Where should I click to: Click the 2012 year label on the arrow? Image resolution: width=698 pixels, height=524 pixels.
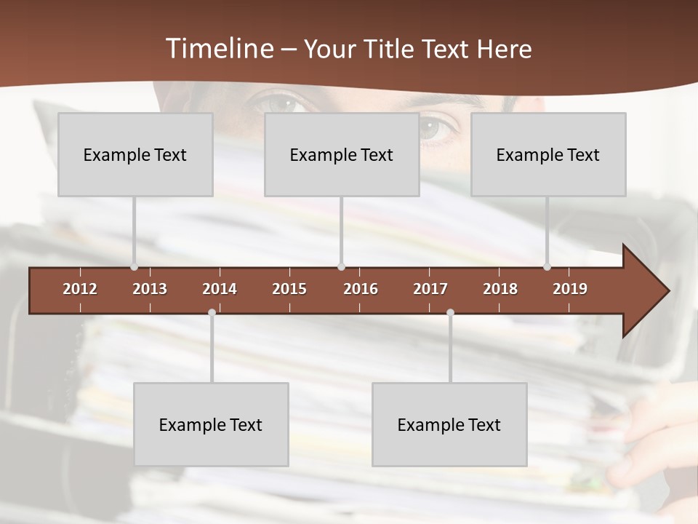(80, 289)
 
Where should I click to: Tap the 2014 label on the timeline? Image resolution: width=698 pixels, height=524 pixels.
(220, 289)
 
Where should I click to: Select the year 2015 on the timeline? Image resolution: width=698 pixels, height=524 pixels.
(289, 289)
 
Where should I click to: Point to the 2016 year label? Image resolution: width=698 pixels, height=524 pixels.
(361, 289)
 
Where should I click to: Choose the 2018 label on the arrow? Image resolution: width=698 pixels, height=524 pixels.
(500, 289)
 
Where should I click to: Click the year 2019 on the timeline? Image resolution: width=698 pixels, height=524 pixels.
(570, 289)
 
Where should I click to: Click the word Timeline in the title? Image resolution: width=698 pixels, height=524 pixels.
(219, 49)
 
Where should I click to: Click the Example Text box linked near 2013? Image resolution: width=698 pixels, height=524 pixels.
(135, 154)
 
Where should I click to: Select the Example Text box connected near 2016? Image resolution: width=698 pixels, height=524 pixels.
(342, 154)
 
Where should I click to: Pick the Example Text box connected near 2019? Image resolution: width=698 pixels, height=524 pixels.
(548, 154)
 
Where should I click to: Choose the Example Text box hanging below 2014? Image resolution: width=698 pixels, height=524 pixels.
(211, 424)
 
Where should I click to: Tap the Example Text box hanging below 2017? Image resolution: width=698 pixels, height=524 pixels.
(449, 424)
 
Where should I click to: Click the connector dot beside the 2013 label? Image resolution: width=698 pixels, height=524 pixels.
(134, 267)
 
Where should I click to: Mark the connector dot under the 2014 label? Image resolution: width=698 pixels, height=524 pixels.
(212, 313)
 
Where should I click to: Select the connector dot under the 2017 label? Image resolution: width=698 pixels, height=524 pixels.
(450, 313)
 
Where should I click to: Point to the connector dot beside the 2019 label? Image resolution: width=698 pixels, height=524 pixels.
(547, 267)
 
